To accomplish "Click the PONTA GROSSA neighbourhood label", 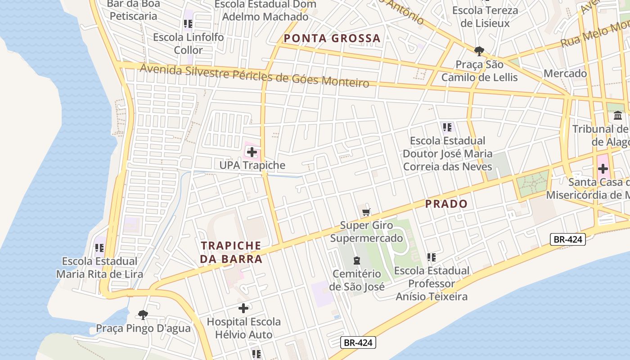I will coord(332,38).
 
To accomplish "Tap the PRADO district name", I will coord(446,204).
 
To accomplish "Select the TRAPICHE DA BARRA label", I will coord(231,252).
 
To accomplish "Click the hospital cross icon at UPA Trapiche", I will coord(252,152).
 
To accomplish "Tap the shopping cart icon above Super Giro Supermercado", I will coord(366,212).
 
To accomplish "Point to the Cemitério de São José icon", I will coord(357,260).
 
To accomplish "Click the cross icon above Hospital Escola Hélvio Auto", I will coord(243,308).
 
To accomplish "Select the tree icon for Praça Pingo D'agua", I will coord(143,315).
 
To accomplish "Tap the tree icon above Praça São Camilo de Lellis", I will coord(479,50).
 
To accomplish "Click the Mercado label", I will coord(565,73).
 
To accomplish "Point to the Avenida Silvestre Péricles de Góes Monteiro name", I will coord(254,76).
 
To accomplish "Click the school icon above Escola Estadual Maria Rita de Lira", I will coord(99,247).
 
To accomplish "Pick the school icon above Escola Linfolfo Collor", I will coord(188,23).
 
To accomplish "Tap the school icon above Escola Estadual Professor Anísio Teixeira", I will coord(431,257).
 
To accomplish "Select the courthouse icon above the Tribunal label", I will coord(617,116).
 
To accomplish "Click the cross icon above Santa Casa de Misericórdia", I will coord(603,169).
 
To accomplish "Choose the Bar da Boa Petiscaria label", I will coord(134,10).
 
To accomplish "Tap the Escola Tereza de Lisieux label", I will coord(485,17).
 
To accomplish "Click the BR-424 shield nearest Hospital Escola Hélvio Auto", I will coord(358,342).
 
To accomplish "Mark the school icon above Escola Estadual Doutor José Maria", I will coord(447,127).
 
